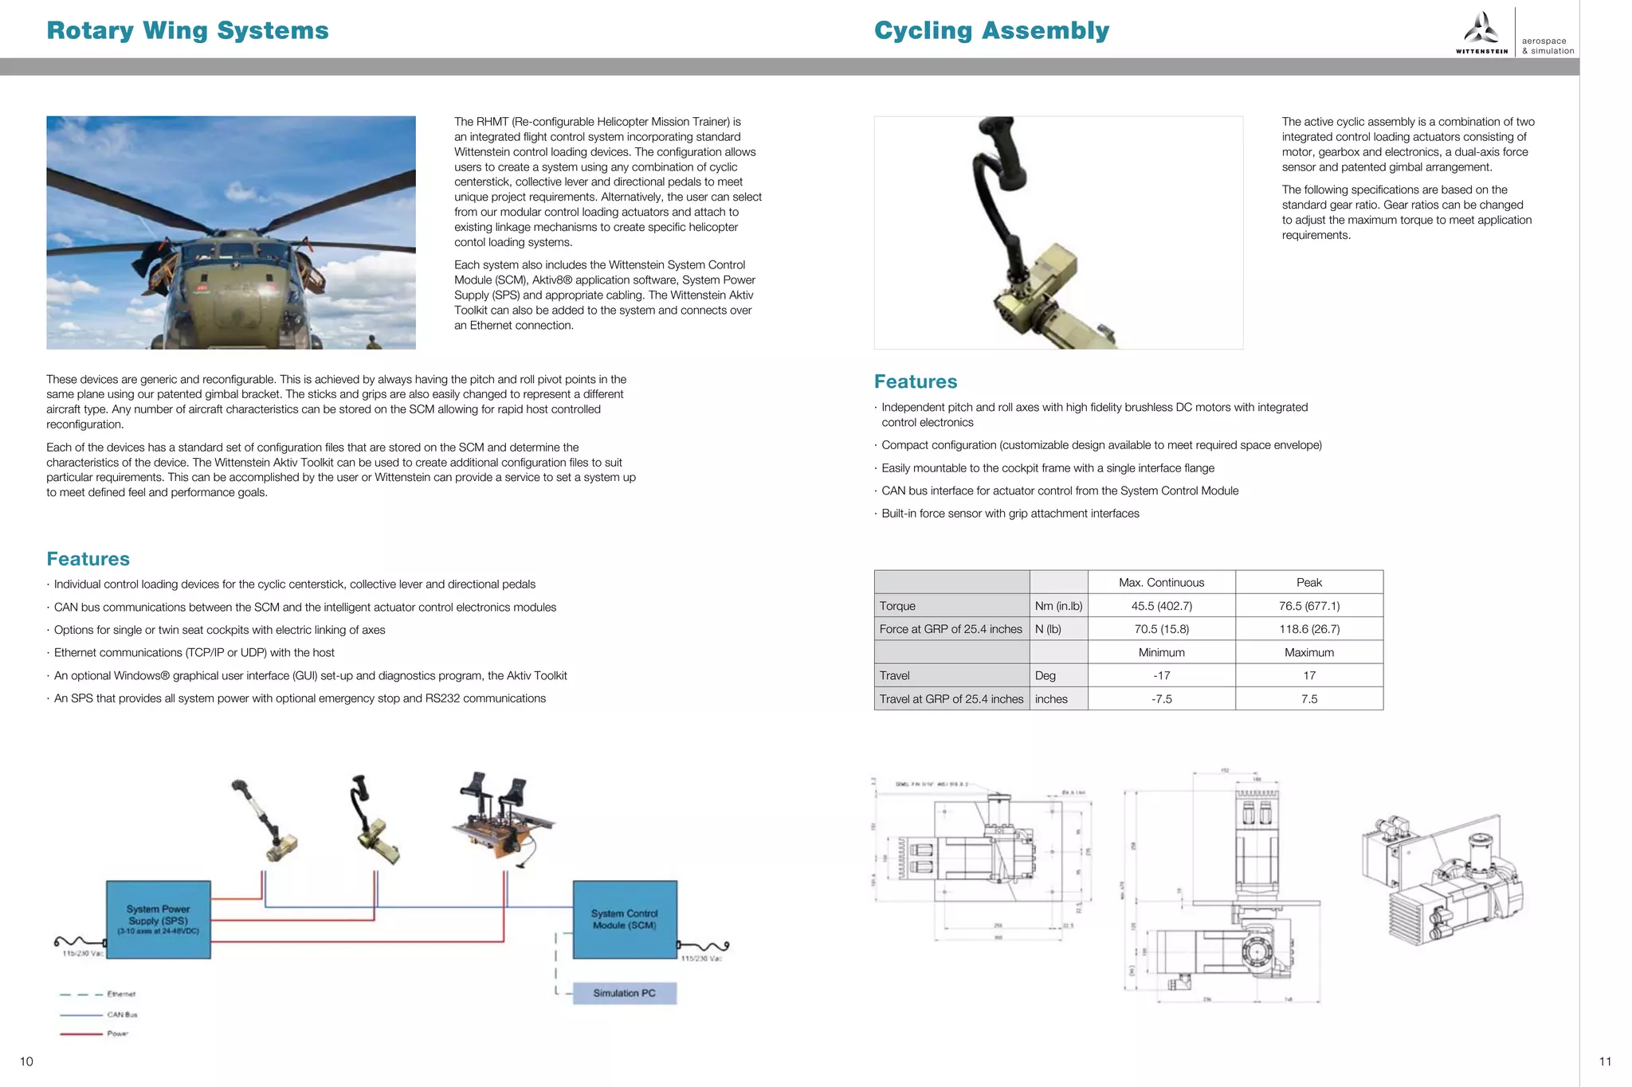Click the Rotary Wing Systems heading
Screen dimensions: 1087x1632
pyautogui.click(x=187, y=30)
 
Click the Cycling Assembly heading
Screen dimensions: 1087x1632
pyautogui.click(x=991, y=30)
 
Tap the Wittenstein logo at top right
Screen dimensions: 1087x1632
pyautogui.click(x=1481, y=33)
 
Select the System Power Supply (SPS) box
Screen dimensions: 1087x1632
pyautogui.click(x=159, y=919)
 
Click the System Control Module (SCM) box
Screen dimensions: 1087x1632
pyautogui.click(x=625, y=919)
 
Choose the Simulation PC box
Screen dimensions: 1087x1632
pyautogui.click(x=624, y=993)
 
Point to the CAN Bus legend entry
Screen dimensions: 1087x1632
pyautogui.click(x=122, y=1015)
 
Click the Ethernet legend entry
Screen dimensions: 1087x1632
pyautogui.click(x=121, y=994)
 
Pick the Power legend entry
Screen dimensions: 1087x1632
pyautogui.click(x=117, y=1034)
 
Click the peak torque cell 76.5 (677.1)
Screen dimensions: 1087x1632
pyautogui.click(x=1308, y=606)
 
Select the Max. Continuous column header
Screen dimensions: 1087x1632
pyautogui.click(x=1161, y=582)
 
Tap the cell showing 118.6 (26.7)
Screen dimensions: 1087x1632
pyautogui.click(x=1308, y=629)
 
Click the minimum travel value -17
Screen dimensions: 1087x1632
pyautogui.click(x=1161, y=675)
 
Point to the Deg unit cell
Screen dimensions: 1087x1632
pyautogui.click(x=1045, y=675)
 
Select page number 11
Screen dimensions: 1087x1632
pyautogui.click(x=1605, y=1062)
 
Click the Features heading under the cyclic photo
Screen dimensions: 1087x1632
pyautogui.click(x=916, y=381)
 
